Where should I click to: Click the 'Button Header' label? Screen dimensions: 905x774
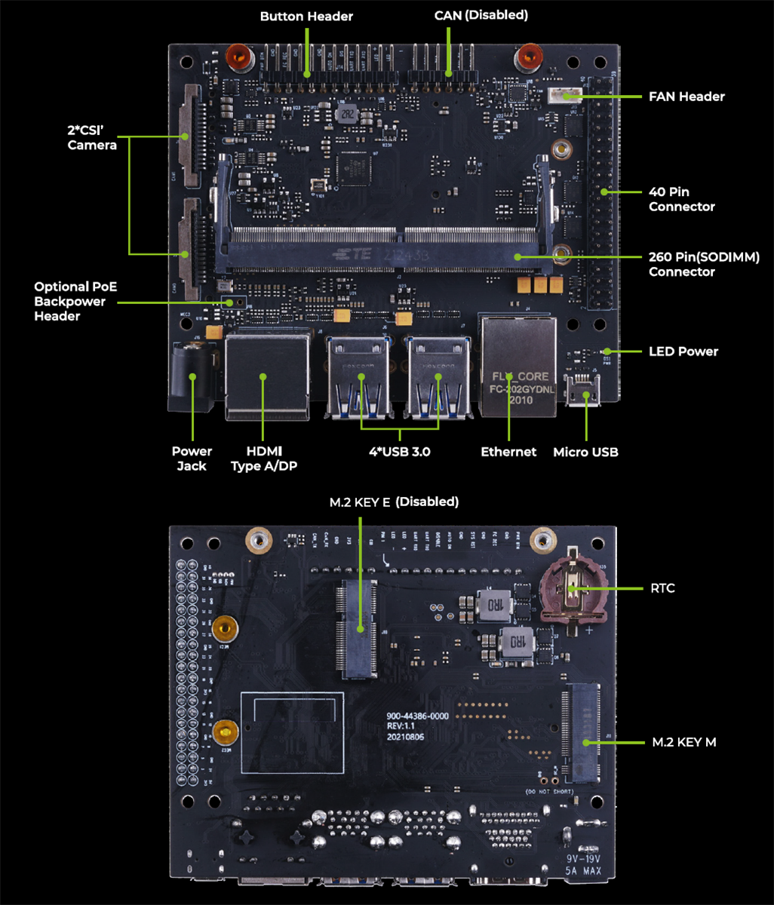coord(306,16)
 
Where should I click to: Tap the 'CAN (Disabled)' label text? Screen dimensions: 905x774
coord(481,15)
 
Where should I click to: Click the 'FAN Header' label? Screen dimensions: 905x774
coord(686,97)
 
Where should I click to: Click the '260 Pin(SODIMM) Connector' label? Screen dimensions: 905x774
coord(703,264)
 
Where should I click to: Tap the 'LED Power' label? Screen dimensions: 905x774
coord(683,351)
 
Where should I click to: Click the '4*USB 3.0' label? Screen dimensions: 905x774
coord(398,452)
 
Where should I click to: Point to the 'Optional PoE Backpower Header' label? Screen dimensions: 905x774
coord(75,302)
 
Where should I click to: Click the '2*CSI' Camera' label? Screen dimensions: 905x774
coord(92,137)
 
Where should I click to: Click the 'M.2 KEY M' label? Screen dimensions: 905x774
coord(683,742)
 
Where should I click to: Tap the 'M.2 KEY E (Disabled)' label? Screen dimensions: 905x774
coord(393,502)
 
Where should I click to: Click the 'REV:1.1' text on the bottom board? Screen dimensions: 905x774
coord(402,725)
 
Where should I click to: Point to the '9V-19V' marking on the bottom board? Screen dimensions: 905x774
coord(582,859)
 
